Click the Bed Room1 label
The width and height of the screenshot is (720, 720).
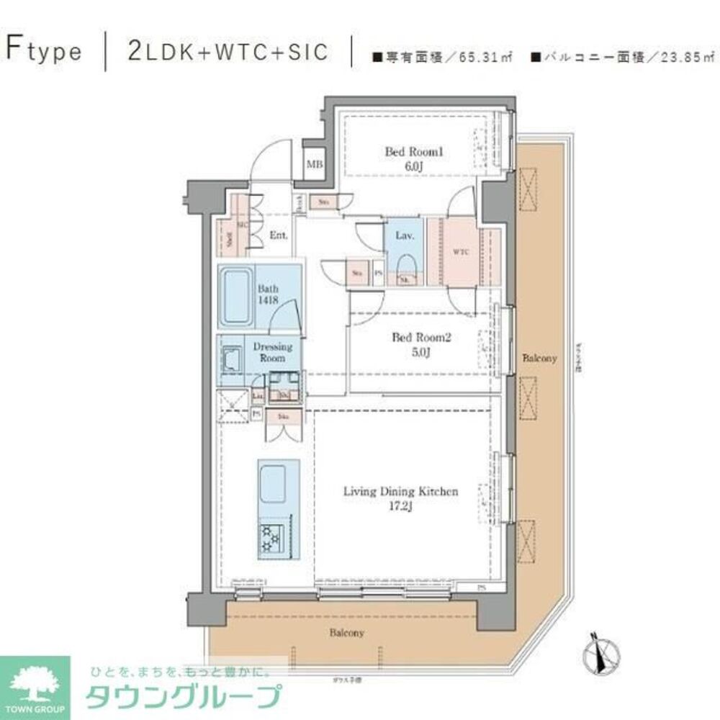pyautogui.click(x=413, y=158)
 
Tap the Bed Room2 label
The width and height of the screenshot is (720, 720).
pyautogui.click(x=410, y=343)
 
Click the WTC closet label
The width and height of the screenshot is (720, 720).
pyautogui.click(x=461, y=252)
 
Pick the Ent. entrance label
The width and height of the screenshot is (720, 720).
pyautogui.click(x=279, y=235)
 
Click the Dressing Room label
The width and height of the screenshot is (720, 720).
pyautogui.click(x=272, y=352)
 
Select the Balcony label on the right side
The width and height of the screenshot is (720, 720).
pyautogui.click(x=539, y=358)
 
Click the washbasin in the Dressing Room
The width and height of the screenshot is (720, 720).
pyautogui.click(x=232, y=359)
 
